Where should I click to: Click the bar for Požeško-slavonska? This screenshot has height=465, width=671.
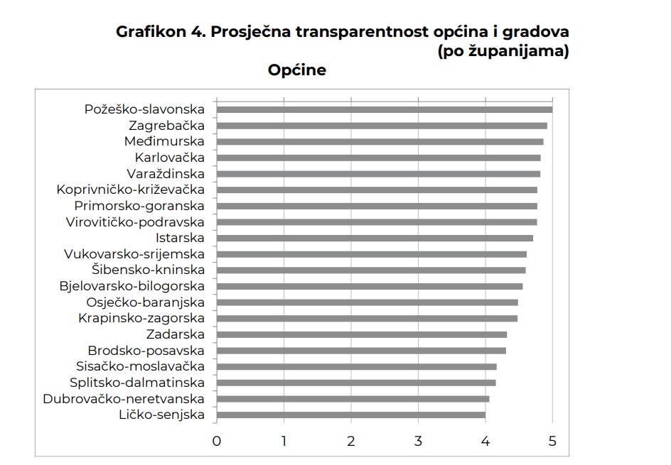click(x=384, y=109)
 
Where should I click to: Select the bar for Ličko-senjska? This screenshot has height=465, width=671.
click(x=351, y=415)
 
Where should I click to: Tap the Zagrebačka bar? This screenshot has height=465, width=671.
click(x=382, y=126)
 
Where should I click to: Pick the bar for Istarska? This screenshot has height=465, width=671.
click(x=375, y=238)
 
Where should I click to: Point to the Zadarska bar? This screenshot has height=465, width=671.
click(x=362, y=334)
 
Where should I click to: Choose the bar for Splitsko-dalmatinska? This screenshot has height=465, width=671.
click(x=356, y=383)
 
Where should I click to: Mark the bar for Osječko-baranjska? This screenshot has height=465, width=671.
click(x=367, y=302)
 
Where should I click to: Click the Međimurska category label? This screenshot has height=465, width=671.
click(x=164, y=141)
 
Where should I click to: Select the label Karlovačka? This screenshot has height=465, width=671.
click(x=169, y=158)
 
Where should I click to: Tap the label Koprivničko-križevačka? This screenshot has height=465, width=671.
click(x=130, y=190)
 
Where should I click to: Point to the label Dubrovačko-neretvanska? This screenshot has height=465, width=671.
click(x=124, y=399)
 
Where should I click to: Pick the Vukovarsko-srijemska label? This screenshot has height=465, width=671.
click(x=134, y=254)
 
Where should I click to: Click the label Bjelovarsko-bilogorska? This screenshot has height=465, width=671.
click(x=131, y=286)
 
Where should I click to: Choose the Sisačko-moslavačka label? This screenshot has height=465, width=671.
click(x=140, y=366)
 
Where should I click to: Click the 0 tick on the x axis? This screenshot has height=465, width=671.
click(x=217, y=441)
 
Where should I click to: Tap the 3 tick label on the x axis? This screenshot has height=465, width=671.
click(x=419, y=441)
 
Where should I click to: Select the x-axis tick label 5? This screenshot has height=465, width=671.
click(x=552, y=441)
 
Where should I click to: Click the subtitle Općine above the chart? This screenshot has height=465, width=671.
click(x=297, y=70)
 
